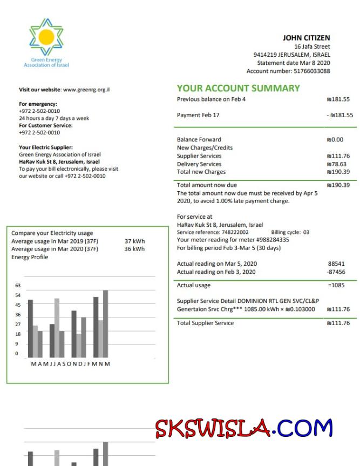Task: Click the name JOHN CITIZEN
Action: point(306,38)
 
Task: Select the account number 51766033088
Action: point(311,71)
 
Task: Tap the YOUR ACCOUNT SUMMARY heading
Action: point(238,89)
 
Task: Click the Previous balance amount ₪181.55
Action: point(338,99)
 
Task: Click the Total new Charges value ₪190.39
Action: point(338,172)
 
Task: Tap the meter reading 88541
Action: point(336,264)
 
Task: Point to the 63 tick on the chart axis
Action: point(17,285)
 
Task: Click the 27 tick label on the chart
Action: point(17,325)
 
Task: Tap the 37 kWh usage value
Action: point(134,241)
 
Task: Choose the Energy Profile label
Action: point(30,257)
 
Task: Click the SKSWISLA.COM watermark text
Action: point(244,428)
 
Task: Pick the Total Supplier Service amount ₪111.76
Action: point(338,323)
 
